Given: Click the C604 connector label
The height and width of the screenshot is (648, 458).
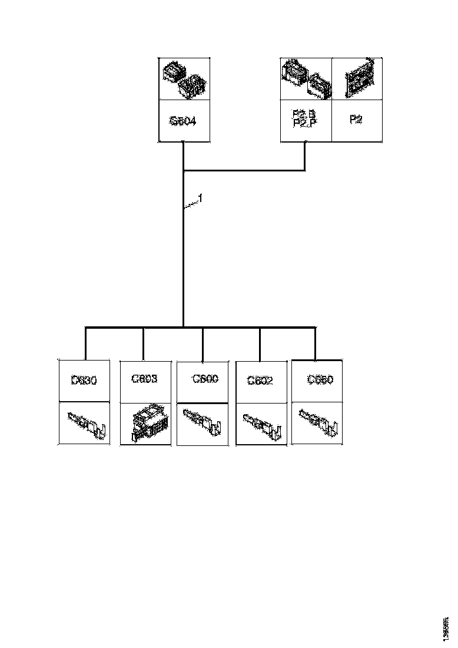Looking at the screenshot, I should point(183,121).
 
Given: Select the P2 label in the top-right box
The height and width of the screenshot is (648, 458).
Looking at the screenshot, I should point(356,120).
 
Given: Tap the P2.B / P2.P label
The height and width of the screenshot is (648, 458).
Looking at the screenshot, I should point(304,118).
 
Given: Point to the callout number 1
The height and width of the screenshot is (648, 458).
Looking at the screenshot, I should point(200,199).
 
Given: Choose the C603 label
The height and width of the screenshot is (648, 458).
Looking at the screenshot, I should point(145,379).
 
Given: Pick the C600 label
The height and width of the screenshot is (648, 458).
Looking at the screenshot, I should point(205,379).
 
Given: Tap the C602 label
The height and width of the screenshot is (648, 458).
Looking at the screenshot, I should point(260,381).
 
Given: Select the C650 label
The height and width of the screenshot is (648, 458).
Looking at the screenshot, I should point(320,380).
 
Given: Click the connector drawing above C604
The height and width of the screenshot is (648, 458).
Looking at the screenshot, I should point(184,80).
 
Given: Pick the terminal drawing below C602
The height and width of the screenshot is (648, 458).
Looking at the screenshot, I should point(261,424).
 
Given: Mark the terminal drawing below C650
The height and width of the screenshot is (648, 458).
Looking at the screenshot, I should point(318,422).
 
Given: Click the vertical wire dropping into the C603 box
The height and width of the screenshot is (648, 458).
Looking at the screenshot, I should point(143,343).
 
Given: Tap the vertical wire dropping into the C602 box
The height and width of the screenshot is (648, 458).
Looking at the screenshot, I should point(260,343).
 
